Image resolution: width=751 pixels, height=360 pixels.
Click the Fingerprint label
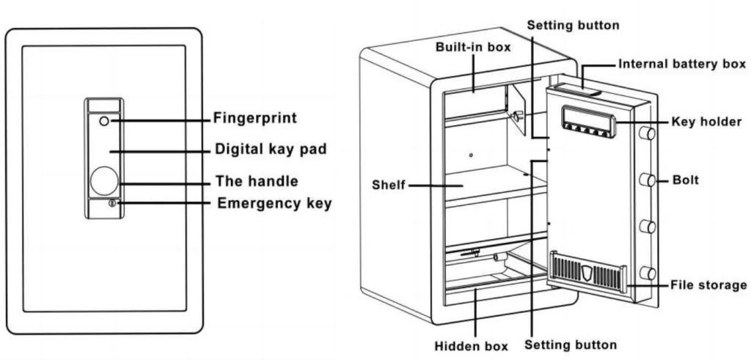(254, 117)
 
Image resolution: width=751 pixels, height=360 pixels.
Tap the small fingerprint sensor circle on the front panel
(103, 120)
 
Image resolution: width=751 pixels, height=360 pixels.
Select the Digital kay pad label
(271, 149)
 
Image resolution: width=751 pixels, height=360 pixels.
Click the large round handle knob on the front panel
(103, 180)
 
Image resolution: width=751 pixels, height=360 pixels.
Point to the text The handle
(256, 180)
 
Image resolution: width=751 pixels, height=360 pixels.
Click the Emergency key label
(274, 203)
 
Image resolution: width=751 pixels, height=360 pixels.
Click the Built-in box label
(473, 46)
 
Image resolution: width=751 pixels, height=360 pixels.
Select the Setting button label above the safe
(574, 25)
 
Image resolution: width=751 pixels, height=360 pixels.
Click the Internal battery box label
(682, 64)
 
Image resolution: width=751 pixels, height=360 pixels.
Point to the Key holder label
(706, 121)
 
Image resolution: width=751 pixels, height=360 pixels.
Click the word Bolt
(686, 180)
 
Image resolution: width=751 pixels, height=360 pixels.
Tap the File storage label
(708, 284)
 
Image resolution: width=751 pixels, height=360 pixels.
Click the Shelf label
(389, 185)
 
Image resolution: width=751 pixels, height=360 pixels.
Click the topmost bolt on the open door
(647, 134)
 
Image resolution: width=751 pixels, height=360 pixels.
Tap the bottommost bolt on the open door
(647, 273)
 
